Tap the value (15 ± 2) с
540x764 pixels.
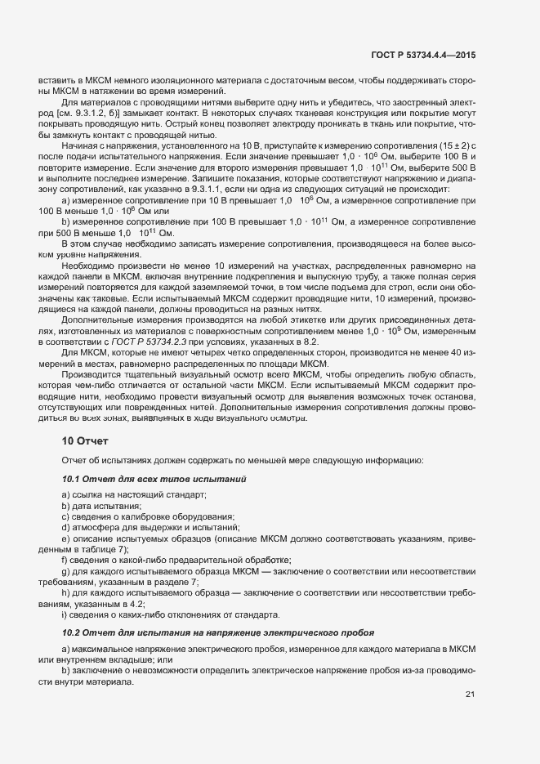(450, 145)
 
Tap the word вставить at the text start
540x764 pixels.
(56, 81)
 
